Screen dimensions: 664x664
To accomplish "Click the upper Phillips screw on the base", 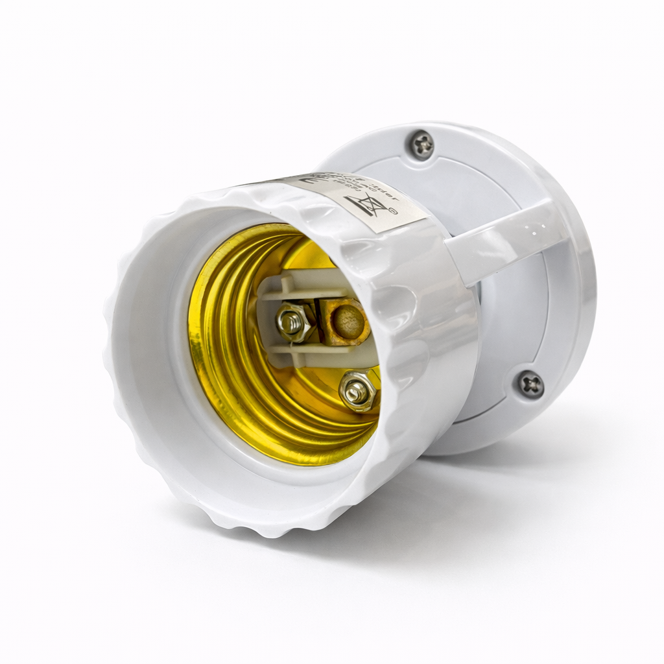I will coord(422,145).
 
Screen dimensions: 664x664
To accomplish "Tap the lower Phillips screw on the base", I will coord(531,384).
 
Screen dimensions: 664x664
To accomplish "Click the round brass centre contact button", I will coord(349,322).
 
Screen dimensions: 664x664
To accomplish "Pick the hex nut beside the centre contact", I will coord(292,321).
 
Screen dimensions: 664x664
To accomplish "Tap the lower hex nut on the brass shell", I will coord(357,390).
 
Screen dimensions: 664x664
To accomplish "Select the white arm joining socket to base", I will coord(506,240).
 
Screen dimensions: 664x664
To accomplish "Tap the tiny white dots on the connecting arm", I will coord(532,227).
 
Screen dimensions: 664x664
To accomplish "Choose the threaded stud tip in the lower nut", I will coord(355,390).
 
